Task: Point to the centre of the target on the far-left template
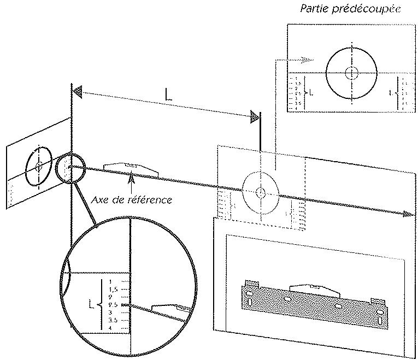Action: click(x=38, y=164)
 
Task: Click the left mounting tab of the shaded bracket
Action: click(x=251, y=287)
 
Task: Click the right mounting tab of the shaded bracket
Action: click(x=377, y=300)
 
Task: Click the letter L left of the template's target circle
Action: click(x=310, y=92)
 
